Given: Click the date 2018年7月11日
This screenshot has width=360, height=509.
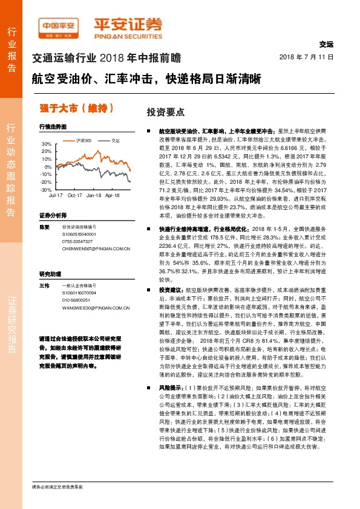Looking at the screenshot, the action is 307,57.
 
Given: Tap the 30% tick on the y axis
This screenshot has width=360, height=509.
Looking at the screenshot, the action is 47,144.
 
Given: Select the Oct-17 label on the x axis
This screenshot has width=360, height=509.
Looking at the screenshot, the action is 75,196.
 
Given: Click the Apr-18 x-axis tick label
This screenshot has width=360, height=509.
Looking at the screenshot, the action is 113,196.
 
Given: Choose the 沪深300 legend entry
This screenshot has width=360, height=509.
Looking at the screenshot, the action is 84,140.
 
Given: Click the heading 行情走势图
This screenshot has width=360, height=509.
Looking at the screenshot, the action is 52,128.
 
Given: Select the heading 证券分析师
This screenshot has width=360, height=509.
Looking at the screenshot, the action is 52,216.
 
